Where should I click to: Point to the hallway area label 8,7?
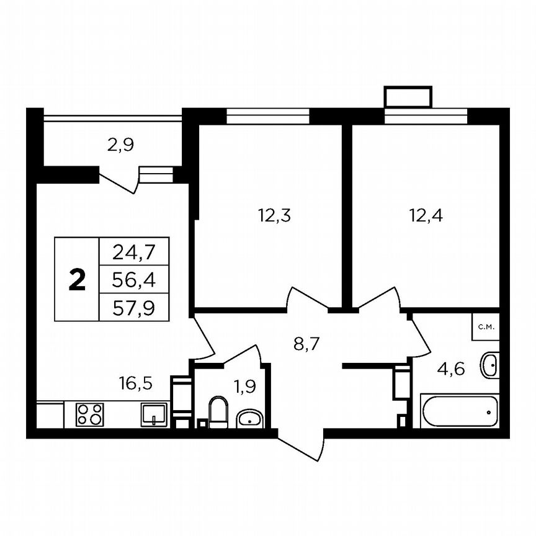(x=306, y=343)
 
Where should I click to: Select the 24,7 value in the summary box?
(x=133, y=252)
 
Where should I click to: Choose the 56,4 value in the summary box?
(x=133, y=280)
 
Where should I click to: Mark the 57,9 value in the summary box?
(x=133, y=307)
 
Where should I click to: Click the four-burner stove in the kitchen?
(x=89, y=414)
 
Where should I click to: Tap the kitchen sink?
(x=153, y=413)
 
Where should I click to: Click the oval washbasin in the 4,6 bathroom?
(x=489, y=365)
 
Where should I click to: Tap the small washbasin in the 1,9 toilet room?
(x=250, y=420)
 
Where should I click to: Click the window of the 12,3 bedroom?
(x=267, y=116)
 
